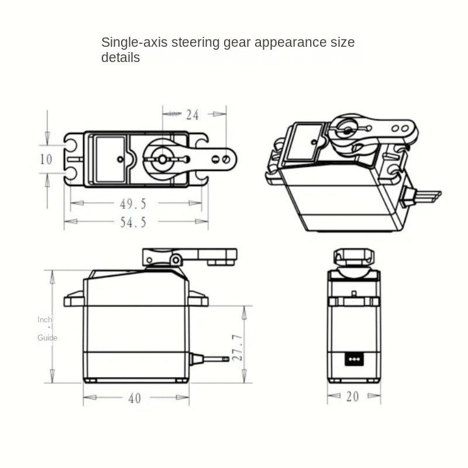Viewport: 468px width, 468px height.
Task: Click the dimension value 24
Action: pos(192,115)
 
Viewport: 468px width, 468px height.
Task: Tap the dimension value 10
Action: pos(46,159)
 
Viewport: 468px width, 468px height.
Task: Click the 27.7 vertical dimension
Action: pos(238,347)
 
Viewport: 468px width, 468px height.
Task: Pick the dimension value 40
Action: pos(135,398)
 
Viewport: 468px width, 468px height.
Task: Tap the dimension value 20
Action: pos(352,397)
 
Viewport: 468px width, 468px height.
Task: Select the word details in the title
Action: pos(121,58)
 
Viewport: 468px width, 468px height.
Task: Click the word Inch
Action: pos(45,319)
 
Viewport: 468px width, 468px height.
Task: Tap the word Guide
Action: pos(47,338)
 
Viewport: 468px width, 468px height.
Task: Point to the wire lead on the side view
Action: pos(209,358)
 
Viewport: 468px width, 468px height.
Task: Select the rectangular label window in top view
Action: pos(110,159)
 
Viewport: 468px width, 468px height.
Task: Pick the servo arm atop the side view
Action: pos(190,256)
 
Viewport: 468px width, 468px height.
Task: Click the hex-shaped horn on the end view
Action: pos(353,257)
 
